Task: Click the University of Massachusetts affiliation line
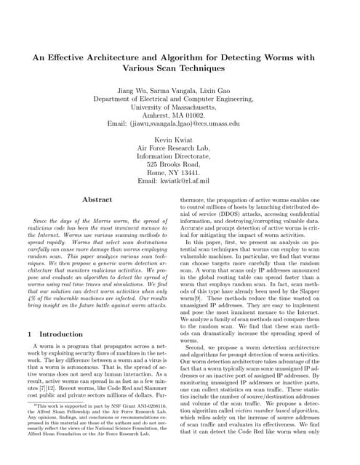(180, 105)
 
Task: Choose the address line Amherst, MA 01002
(180, 114)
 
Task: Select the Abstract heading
(97, 198)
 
